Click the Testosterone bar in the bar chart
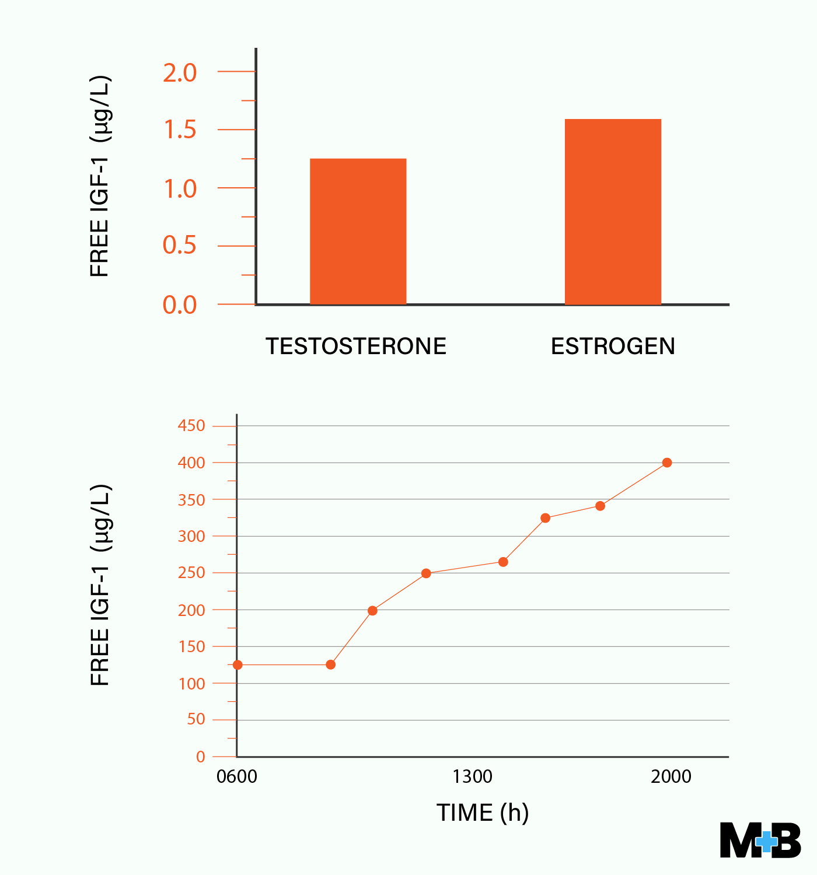pyautogui.click(x=358, y=232)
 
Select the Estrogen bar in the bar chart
pyautogui.click(x=613, y=212)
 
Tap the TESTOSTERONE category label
pyautogui.click(x=356, y=346)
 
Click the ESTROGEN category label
pyautogui.click(x=613, y=346)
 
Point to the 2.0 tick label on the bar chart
pyautogui.click(x=180, y=73)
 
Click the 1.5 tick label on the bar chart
pyautogui.click(x=180, y=130)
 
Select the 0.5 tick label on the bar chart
pyautogui.click(x=180, y=245)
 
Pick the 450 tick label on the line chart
pyautogui.click(x=191, y=426)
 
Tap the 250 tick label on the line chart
pyautogui.click(x=191, y=573)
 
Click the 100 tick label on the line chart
pyautogui.click(x=191, y=684)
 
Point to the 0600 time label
pyautogui.click(x=236, y=777)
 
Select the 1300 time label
pyautogui.click(x=472, y=777)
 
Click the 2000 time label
pyautogui.click(x=671, y=777)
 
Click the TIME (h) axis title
pyautogui.click(x=483, y=813)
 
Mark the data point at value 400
pyautogui.click(x=667, y=463)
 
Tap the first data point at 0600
pyautogui.click(x=238, y=665)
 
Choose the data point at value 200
pyautogui.click(x=372, y=611)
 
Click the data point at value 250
pyautogui.click(x=426, y=573)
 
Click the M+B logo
pyautogui.click(x=760, y=841)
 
